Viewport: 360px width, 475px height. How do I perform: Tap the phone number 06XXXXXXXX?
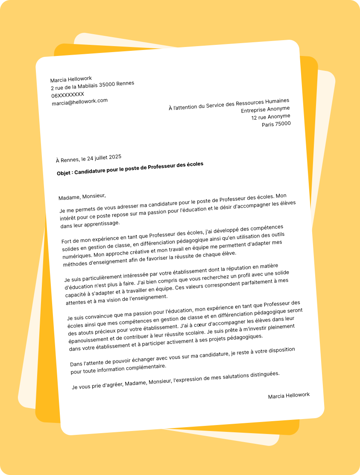click(x=67, y=94)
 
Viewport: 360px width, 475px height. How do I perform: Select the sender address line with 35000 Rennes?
click(x=92, y=85)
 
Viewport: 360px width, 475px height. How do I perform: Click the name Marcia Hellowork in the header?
click(x=71, y=79)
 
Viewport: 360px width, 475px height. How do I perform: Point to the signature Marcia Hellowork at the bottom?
click(x=289, y=396)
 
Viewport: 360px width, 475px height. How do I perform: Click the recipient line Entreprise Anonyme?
click(x=265, y=109)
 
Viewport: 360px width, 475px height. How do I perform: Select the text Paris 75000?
click(x=276, y=124)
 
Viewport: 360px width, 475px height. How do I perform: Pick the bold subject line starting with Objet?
click(x=130, y=169)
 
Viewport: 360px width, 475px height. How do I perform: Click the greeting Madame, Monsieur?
click(x=82, y=196)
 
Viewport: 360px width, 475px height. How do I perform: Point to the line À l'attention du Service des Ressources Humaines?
click(x=229, y=104)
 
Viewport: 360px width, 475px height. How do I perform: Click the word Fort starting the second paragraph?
click(x=67, y=241)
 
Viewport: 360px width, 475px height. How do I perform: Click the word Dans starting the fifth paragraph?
click(x=76, y=364)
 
